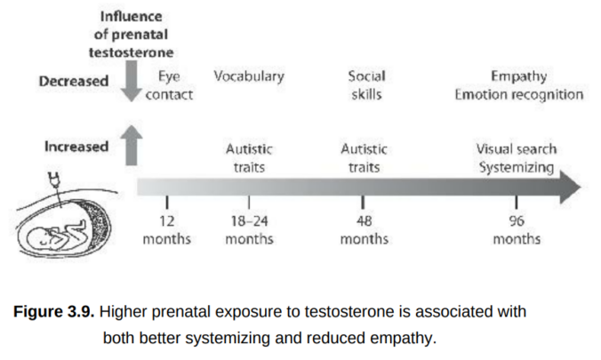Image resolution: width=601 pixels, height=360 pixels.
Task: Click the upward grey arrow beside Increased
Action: pos(132,145)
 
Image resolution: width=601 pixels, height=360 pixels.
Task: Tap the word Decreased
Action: pos(74,81)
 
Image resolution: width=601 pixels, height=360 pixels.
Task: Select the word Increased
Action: pos(76,147)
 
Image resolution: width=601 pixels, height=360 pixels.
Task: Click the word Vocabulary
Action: pos(249,76)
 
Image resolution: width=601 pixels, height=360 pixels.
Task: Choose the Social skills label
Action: pos(365,85)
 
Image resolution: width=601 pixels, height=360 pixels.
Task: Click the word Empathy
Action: pos(518,76)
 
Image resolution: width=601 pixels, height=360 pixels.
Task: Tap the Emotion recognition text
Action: pos(518,94)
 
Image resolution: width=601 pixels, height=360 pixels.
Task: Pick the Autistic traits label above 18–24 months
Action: pos(249,157)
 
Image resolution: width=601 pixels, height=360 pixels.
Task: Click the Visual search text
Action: pos(517,149)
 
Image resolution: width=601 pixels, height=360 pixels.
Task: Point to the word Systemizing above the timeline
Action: pos(517,166)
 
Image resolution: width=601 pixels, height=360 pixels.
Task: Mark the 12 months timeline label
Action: pos(166,230)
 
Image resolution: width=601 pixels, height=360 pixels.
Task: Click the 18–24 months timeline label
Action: pos(249,230)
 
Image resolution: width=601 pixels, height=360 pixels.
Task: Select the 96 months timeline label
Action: pos(517,230)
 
